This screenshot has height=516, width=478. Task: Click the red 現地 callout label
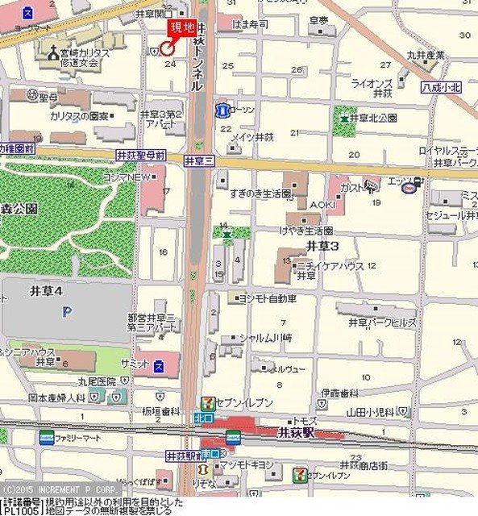[180, 28]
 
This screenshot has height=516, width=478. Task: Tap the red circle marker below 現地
[167, 48]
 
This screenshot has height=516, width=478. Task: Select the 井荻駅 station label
[304, 432]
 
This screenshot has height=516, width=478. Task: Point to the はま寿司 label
[250, 25]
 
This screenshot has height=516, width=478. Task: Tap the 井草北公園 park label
[373, 118]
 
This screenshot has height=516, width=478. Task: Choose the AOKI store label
[322, 205]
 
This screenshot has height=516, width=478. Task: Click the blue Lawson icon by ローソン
[221, 109]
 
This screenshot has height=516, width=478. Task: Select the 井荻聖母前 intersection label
[141, 154]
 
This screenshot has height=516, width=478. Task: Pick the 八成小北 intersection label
[442, 87]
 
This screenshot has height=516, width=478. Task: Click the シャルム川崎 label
[265, 338]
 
